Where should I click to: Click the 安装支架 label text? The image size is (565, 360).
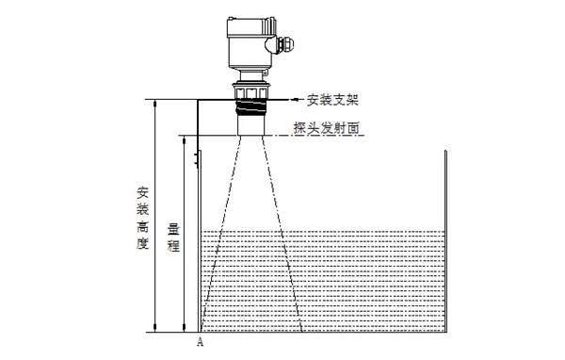(333, 97)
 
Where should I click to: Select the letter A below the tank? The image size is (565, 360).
(200, 343)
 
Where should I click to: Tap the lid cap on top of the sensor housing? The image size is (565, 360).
(247, 22)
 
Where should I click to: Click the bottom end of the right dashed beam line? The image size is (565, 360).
(301, 332)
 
